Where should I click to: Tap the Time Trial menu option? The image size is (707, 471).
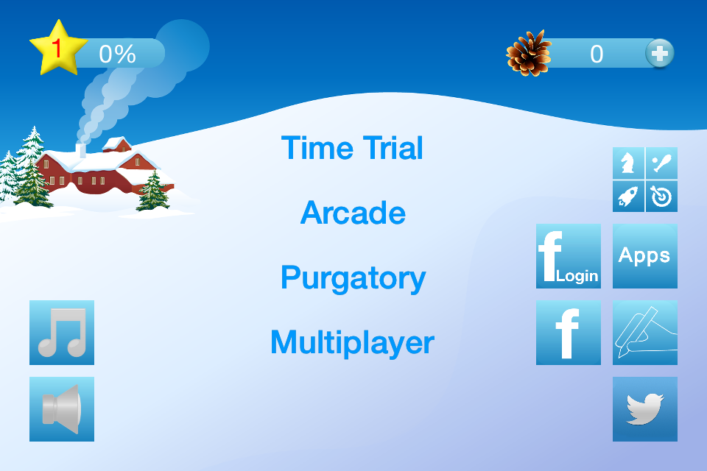(352, 148)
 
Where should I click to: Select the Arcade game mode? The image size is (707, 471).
(353, 213)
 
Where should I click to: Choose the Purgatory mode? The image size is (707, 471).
(353, 278)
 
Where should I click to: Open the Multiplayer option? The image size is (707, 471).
(352, 343)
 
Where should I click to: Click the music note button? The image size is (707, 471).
(62, 333)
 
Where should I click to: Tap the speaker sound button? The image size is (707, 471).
(62, 409)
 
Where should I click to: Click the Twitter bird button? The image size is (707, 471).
(645, 409)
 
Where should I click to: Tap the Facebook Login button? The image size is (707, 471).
(568, 256)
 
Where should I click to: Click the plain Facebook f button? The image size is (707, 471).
(568, 333)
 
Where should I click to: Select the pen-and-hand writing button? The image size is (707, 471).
(645, 333)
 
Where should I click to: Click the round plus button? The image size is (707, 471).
(660, 53)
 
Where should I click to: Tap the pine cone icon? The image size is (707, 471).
(529, 53)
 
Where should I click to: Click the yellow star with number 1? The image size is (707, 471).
(58, 48)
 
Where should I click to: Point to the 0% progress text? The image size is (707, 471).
(117, 54)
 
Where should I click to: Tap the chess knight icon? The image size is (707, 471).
(628, 163)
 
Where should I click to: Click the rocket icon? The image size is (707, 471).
(628, 196)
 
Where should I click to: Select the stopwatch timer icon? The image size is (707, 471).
(661, 196)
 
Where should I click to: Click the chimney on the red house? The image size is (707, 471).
(81, 151)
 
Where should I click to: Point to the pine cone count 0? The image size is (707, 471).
(597, 54)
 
